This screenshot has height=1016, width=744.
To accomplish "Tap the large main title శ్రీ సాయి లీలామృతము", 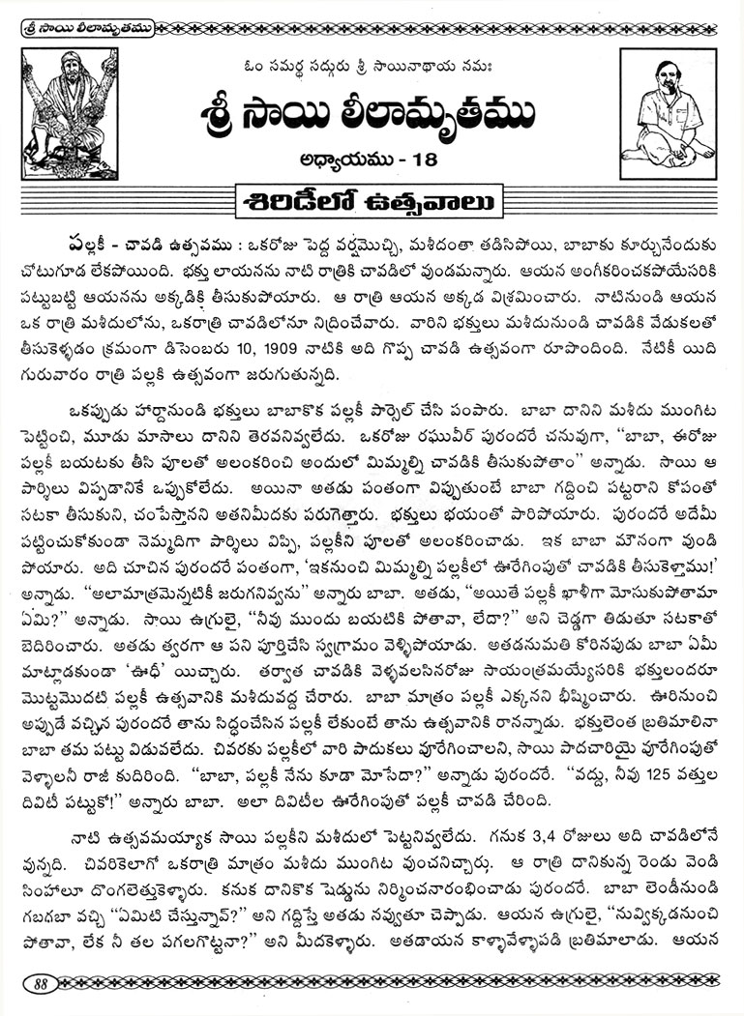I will [x=372, y=113].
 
